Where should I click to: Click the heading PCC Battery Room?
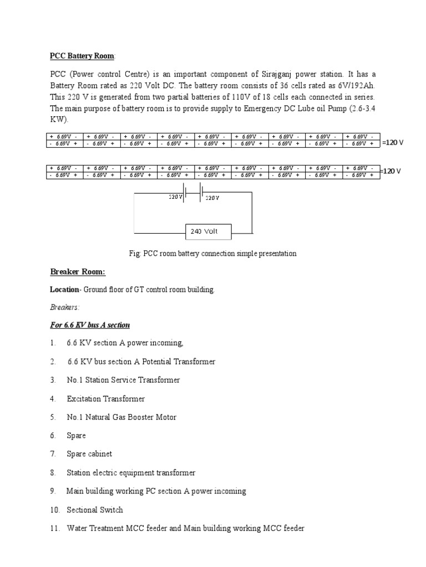tap(83, 55)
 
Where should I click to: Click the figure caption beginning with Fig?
tap(212, 253)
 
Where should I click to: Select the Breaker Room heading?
tap(77, 271)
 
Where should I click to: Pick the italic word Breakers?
tap(64, 307)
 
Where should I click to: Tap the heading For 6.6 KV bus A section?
tap(90, 324)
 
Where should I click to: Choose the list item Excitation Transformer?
tap(105, 399)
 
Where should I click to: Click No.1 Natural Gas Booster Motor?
tap(121, 417)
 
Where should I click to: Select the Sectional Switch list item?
tap(95, 509)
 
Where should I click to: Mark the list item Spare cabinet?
tap(89, 454)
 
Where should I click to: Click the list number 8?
tap(53, 472)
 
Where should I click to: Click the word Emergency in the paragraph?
tap(263, 109)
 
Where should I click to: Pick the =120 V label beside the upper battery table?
tap(393, 143)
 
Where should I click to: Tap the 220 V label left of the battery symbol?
tap(175, 197)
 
